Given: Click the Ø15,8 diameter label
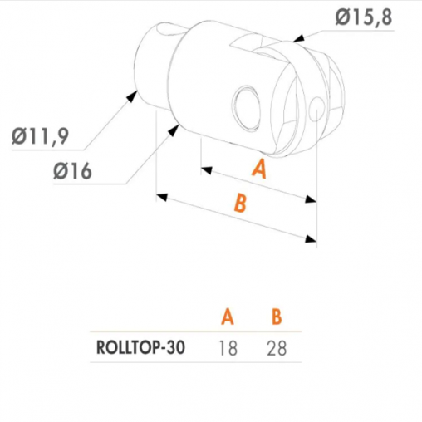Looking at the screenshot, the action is click(x=364, y=17).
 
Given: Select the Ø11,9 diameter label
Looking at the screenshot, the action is click(x=40, y=136).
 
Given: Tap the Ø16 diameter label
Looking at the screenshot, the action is click(x=72, y=171).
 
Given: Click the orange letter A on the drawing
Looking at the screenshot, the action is click(x=259, y=169).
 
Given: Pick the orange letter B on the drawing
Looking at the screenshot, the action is click(x=240, y=203).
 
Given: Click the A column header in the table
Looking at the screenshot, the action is click(x=228, y=316).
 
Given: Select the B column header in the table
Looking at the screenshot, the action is click(x=277, y=316).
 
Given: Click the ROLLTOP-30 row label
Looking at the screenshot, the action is click(x=140, y=347).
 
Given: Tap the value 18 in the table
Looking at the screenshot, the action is click(x=228, y=348).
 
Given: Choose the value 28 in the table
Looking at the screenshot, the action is click(x=277, y=348).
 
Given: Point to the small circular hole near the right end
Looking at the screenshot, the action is click(x=316, y=109).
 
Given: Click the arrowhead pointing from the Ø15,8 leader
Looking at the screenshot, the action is click(x=299, y=39).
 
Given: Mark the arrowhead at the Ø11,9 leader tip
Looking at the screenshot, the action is click(x=132, y=96).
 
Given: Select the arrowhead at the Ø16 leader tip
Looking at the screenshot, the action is click(x=173, y=130).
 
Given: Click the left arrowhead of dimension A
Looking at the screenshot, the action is click(x=207, y=170).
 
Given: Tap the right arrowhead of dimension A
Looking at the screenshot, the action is click(x=311, y=199).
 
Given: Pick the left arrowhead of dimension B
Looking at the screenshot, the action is click(x=162, y=197).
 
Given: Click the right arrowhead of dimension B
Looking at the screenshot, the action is click(x=311, y=239).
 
